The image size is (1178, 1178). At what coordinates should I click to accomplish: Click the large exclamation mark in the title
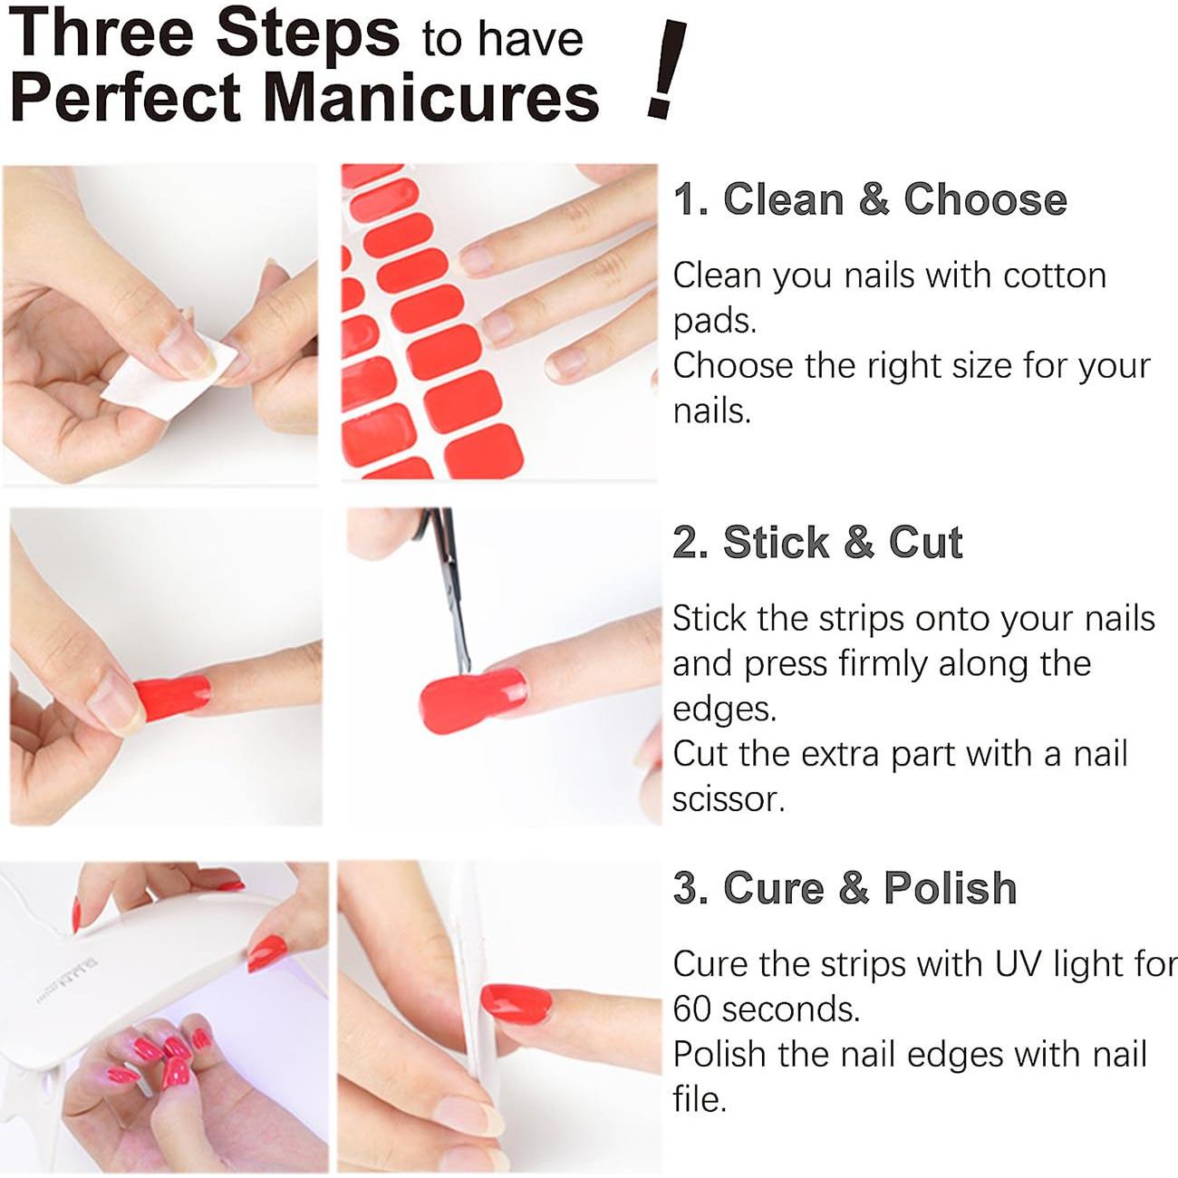667,71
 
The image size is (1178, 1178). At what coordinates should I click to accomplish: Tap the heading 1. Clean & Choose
869,198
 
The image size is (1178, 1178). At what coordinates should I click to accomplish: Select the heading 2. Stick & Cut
816,542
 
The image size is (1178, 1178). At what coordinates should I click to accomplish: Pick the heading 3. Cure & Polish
845,887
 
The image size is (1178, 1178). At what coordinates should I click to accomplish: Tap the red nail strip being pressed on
172,694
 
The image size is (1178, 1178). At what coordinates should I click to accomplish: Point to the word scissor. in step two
728,799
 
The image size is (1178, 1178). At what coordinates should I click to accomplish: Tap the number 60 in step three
693,1009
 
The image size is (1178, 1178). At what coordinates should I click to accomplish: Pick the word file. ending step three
700,1099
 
